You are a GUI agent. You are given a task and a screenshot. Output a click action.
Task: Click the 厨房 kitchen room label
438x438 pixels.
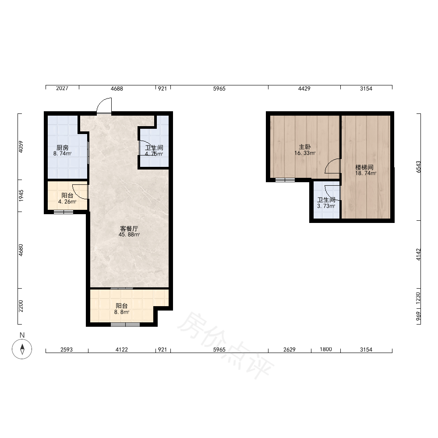point(62,148)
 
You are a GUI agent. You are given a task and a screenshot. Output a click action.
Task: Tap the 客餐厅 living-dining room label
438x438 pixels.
point(129,229)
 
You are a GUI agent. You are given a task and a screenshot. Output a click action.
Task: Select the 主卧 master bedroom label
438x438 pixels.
point(305,147)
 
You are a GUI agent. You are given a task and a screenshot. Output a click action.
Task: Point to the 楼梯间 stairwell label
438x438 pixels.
point(364,167)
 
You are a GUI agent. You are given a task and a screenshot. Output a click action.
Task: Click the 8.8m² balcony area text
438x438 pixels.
point(121,312)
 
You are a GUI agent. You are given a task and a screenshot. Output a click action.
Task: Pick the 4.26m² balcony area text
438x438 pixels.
point(67,201)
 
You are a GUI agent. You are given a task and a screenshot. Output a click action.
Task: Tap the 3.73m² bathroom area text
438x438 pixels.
point(326,206)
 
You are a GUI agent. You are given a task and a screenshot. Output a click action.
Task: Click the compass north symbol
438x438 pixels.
point(22,349)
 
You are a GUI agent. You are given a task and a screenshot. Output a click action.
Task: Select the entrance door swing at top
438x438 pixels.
point(104,105)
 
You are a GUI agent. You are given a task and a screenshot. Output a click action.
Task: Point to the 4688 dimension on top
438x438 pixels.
point(117,88)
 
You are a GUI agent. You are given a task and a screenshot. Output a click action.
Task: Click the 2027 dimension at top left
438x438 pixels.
point(62,88)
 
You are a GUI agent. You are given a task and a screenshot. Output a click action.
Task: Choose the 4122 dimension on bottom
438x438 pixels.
point(121,350)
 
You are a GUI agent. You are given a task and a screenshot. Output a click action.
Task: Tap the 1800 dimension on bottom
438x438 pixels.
point(326,349)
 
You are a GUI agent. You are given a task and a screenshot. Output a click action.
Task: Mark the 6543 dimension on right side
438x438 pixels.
point(418,167)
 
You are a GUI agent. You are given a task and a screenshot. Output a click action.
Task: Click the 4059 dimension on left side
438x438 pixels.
point(21,147)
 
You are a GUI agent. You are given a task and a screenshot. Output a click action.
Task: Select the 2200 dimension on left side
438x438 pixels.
point(21,306)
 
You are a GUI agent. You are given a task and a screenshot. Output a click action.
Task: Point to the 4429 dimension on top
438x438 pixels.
point(304,88)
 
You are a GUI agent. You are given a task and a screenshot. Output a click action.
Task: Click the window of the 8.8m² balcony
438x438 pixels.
point(125,324)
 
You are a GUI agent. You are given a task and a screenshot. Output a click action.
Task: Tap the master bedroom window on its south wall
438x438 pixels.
point(285,180)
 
